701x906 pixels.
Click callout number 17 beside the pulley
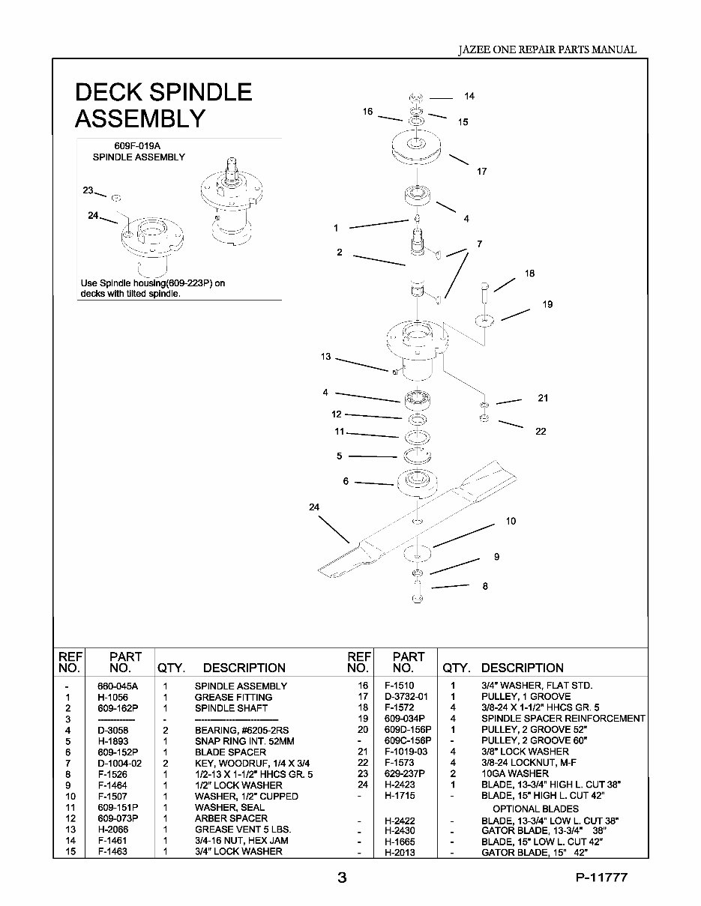pos(481,172)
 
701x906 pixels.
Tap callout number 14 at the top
pos(469,97)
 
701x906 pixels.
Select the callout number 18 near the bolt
pos(529,274)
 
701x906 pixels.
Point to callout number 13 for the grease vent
pos(325,357)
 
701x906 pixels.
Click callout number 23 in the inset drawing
pos(88,190)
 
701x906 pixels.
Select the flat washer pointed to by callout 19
pos(485,321)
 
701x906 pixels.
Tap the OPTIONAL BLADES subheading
pos(535,809)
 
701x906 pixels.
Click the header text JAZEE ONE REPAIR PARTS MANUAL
pos(547,49)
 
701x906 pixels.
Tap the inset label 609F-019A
pos(137,147)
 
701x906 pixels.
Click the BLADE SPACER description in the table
pos(230,752)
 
